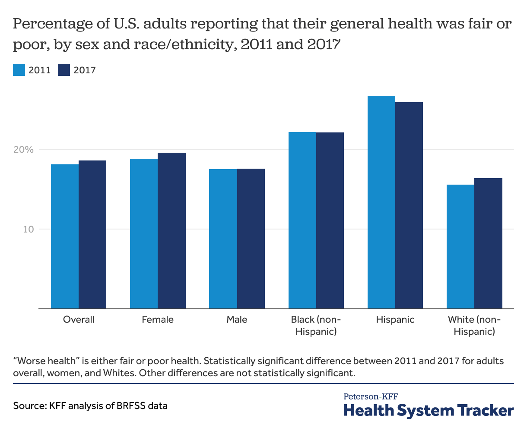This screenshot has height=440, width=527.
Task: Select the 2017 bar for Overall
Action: pyautogui.click(x=92, y=235)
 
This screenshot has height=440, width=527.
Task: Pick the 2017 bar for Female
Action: pyautogui.click(x=171, y=231)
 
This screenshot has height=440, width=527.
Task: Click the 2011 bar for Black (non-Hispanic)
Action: pyautogui.click(x=302, y=220)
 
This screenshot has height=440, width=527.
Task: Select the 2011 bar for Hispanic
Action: pyautogui.click(x=381, y=202)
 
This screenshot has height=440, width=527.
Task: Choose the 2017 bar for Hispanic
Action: pyautogui.click(x=409, y=205)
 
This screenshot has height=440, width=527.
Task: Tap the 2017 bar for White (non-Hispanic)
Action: pyautogui.click(x=489, y=243)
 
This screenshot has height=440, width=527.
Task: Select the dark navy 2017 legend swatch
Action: pyautogui.click(x=64, y=70)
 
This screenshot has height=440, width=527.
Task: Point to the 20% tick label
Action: pyautogui.click(x=23, y=150)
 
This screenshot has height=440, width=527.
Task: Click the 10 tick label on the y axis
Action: pyautogui.click(x=28, y=229)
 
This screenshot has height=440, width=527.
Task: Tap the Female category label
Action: pyautogui.click(x=158, y=320)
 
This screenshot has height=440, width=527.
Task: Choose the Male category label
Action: pyautogui.click(x=237, y=320)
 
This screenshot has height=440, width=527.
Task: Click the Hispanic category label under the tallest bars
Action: pyautogui.click(x=395, y=320)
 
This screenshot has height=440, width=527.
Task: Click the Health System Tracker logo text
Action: pyautogui.click(x=429, y=410)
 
